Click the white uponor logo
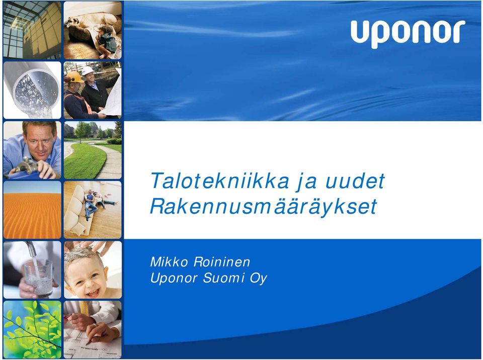(x=408, y=34)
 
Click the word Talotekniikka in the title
(x=220, y=181)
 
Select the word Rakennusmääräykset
(x=264, y=206)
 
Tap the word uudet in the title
(x=355, y=181)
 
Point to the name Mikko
(x=169, y=262)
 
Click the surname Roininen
(x=222, y=262)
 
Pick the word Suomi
(x=223, y=278)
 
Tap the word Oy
(x=258, y=279)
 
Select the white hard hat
(x=88, y=70)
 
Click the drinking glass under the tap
(x=38, y=278)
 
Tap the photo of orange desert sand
(x=32, y=210)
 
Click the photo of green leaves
(x=32, y=329)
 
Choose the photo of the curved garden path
(x=93, y=150)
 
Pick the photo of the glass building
(x=32, y=30)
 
